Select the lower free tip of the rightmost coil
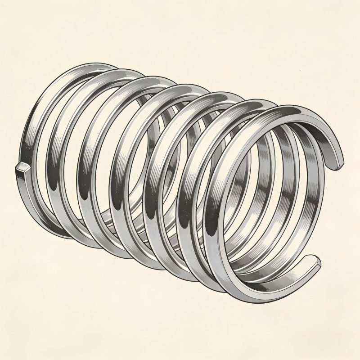click(315, 261)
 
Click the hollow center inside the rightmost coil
click(274, 198)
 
